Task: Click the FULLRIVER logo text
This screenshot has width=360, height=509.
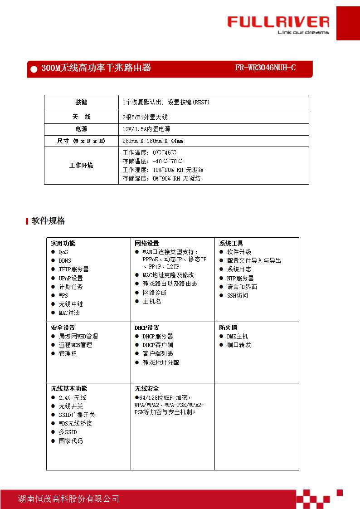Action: coord(278,22)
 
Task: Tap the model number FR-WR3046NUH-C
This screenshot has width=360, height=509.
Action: coord(265,68)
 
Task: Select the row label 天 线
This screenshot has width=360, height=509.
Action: coord(81,117)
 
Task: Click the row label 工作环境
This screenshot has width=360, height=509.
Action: coord(81,166)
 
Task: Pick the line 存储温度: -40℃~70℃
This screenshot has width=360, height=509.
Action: coord(152,161)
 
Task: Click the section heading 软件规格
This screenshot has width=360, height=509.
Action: coord(49,221)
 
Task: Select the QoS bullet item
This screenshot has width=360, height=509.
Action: coord(63,252)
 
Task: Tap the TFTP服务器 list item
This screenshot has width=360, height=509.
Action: coord(73,269)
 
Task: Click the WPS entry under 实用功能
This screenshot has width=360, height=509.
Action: coord(63,295)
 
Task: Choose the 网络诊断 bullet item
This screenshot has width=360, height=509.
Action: coord(155,293)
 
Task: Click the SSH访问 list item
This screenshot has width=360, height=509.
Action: coord(237,295)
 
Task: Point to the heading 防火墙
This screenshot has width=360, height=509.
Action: coord(228,328)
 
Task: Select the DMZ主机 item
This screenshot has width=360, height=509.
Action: coord(237,337)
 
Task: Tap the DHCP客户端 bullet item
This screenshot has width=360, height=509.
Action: coord(158,345)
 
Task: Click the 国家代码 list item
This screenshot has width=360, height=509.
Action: coord(71,441)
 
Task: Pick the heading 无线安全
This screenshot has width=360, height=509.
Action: coord(146,389)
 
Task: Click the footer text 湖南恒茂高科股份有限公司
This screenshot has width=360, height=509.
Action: coord(68,499)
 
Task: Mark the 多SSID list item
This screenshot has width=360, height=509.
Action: coord(68,432)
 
